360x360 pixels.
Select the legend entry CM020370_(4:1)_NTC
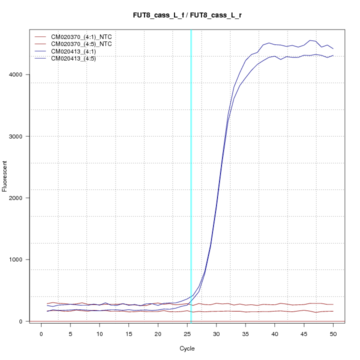[x=84, y=37]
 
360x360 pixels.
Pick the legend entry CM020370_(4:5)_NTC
[x=84, y=44]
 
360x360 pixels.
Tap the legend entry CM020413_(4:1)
[x=77, y=51]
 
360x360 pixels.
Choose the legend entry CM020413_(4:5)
[x=77, y=58]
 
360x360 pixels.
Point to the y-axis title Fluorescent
[x=5, y=175]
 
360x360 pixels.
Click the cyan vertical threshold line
[x=191, y=175]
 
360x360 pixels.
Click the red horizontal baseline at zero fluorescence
[x=150, y=321]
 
